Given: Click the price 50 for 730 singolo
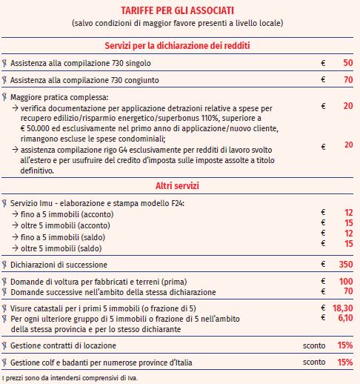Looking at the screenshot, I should [x=347, y=63].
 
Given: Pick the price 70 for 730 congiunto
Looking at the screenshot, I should [x=347, y=79].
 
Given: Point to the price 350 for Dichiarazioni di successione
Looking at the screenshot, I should [x=345, y=264].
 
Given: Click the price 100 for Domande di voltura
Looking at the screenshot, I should [x=345, y=282].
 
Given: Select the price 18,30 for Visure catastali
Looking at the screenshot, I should [x=342, y=307].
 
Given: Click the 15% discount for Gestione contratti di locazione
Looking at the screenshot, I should [x=344, y=345].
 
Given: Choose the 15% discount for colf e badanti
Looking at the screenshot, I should [x=344, y=363].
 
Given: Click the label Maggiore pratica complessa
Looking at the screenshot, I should [x=59, y=96].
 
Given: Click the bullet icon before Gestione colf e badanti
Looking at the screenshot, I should [x=4, y=363].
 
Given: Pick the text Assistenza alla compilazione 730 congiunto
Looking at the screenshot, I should [x=84, y=79].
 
